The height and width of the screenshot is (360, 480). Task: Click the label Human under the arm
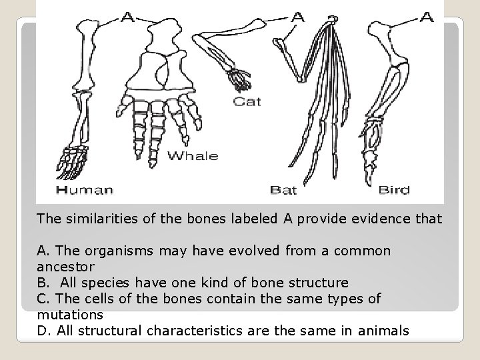tap(85, 190)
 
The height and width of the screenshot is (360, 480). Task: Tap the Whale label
tap(192, 156)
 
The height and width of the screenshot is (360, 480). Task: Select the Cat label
tap(247, 102)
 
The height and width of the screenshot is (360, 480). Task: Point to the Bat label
tap(283, 190)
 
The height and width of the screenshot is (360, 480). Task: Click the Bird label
tap(394, 190)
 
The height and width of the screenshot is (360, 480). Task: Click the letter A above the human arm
tap(127, 18)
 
